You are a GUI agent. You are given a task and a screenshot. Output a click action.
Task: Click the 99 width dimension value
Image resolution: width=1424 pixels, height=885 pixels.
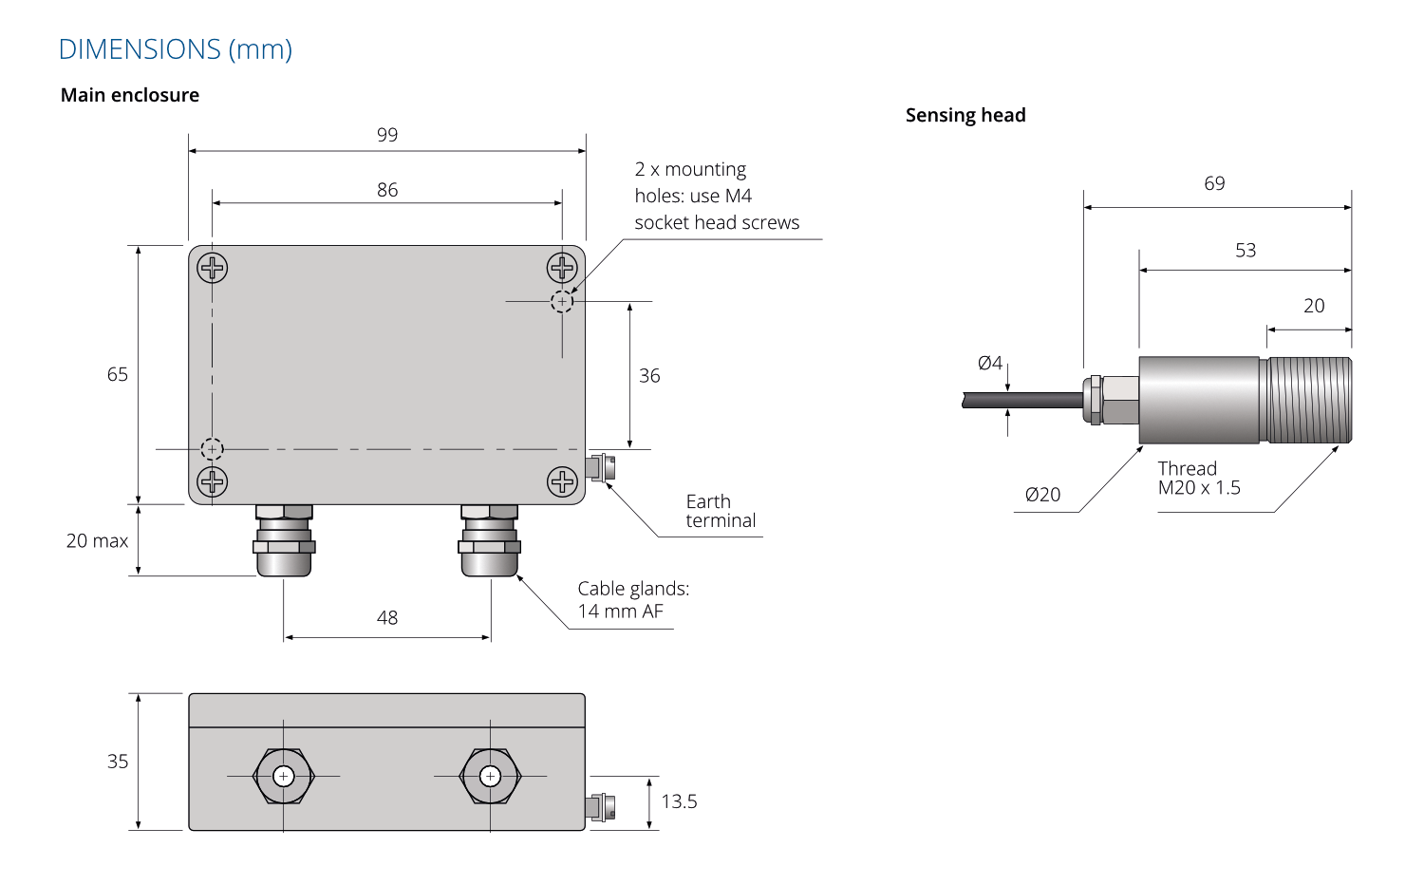[x=387, y=135]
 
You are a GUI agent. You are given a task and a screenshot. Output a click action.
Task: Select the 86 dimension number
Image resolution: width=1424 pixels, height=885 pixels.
[x=387, y=190]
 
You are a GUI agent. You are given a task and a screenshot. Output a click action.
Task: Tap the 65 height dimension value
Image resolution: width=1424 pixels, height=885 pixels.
[x=118, y=374]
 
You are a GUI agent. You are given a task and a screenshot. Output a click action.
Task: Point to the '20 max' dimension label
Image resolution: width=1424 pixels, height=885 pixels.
[x=97, y=540]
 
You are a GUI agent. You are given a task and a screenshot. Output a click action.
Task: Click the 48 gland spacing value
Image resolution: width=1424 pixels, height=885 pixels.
[x=387, y=617]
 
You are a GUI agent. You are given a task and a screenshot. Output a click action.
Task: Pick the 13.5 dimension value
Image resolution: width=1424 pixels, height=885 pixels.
[x=679, y=801]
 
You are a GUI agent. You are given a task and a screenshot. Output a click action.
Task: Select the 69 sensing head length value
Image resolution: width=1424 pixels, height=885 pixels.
[x=1214, y=183]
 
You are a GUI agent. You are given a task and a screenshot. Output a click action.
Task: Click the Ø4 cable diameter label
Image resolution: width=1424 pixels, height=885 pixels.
[x=990, y=363]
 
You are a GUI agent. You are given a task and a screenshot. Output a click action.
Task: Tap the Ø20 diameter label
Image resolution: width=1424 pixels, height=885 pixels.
[x=1042, y=494]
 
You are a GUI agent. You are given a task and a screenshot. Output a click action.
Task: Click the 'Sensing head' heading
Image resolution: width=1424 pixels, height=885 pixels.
[x=965, y=115]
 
